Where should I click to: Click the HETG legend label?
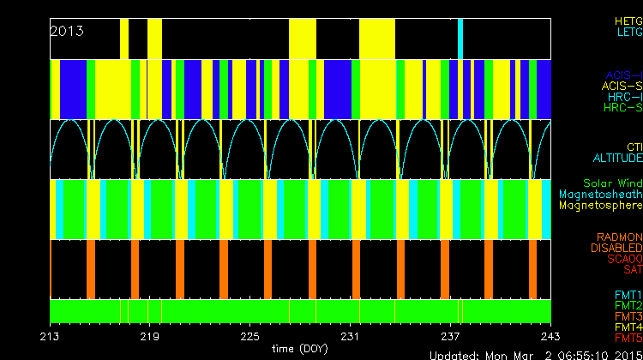click(628, 20)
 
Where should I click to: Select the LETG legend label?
click(629, 32)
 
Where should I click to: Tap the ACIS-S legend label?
click(622, 86)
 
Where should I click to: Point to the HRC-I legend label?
click(625, 97)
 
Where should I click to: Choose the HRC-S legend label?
click(623, 108)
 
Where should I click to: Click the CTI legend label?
click(634, 147)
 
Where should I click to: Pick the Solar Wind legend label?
click(612, 183)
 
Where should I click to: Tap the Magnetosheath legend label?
click(600, 195)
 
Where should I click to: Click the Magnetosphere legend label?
click(600, 206)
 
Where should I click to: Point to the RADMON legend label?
click(620, 237)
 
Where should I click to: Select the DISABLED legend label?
click(617, 248)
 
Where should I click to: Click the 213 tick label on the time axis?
click(51, 335)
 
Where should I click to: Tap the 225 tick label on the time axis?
click(250, 335)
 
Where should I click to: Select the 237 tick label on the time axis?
click(450, 335)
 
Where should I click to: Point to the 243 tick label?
click(550, 335)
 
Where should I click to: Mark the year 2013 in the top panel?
click(67, 31)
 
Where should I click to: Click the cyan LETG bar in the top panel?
click(460, 38)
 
